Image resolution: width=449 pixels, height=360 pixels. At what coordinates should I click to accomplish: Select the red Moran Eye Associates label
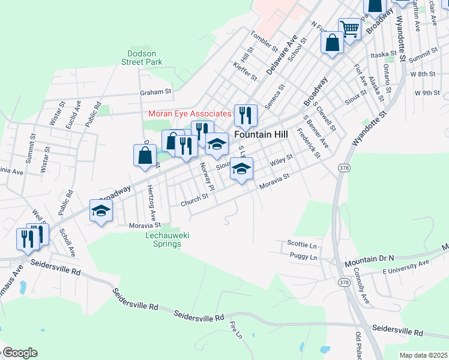pos(190,113)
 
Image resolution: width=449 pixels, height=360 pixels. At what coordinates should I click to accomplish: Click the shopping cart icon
pos(349,28)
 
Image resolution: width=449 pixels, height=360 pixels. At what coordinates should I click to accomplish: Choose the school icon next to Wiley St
pos(241,169)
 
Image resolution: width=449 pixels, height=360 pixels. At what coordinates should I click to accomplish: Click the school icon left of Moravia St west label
pos(101,211)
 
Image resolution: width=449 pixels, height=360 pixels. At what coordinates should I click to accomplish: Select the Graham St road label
pos(155,92)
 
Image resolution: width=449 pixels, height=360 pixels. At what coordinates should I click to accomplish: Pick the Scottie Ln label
pos(301,245)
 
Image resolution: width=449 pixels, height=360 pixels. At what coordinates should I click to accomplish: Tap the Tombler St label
pos(265,41)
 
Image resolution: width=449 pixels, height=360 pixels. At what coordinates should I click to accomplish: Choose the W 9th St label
pos(427,93)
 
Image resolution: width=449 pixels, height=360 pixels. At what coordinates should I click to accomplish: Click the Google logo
pos(20,353)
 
